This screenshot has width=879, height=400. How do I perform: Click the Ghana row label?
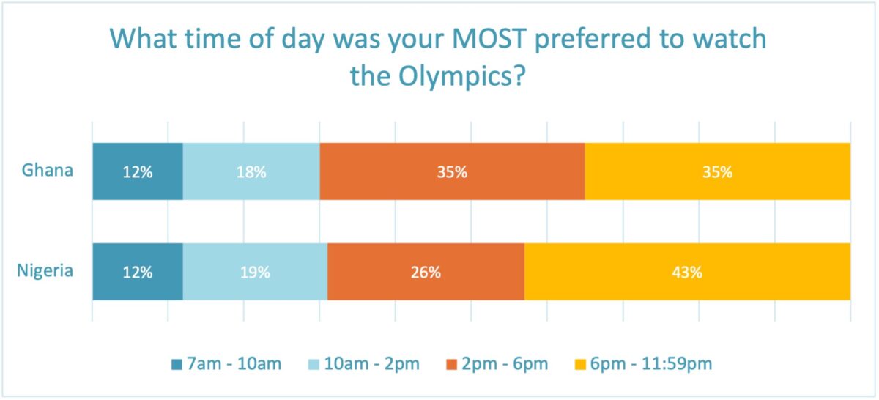48,171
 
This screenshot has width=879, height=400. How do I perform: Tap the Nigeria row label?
45,271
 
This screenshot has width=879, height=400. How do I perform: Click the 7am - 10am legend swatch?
177,363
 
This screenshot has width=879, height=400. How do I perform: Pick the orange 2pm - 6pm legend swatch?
451,363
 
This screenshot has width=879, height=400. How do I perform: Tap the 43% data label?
688,273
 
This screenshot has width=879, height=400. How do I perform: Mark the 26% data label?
426,273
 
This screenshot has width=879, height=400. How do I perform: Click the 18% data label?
251,172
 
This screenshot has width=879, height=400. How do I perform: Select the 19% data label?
255,273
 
